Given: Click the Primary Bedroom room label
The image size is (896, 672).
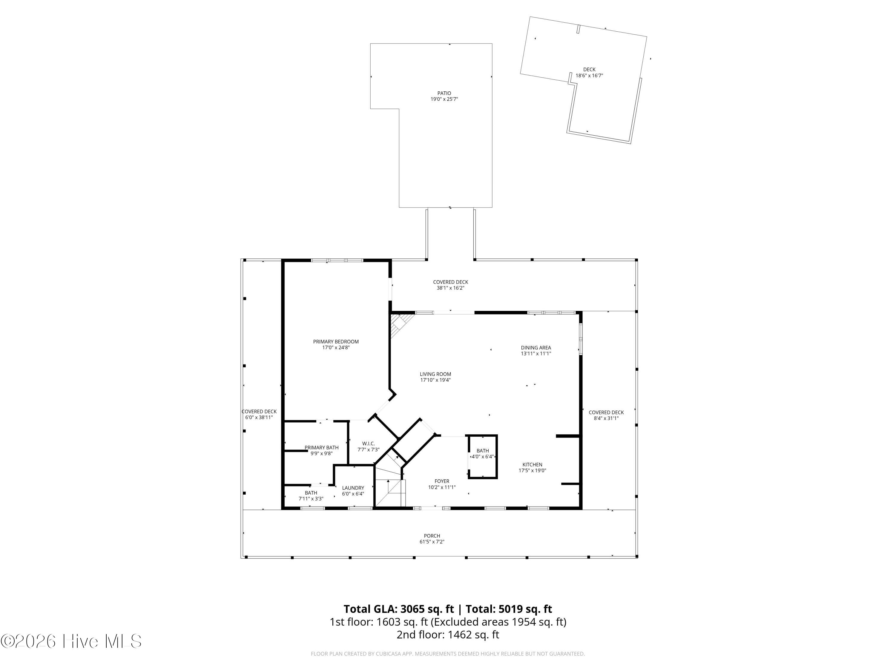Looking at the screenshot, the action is coord(336,341).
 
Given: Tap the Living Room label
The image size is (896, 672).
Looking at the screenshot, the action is coord(435,374).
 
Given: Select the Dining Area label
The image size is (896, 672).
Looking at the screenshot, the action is coord(536,348).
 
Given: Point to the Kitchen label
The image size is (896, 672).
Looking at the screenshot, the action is coord(532,465).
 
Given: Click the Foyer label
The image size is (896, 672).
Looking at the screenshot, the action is coord(442,481).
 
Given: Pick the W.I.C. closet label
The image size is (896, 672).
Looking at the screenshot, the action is coord(369,444).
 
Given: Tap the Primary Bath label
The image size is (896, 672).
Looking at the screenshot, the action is coord(322,448).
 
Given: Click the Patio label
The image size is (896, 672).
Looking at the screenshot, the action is coord(444,93).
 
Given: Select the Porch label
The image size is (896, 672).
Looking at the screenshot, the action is coord(432,536).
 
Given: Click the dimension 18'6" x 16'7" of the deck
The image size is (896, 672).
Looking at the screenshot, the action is coord(589,75).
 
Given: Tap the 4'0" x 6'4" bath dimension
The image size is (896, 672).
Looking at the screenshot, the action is coord(482,456).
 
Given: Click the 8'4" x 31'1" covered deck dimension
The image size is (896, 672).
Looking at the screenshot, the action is coord(606,418).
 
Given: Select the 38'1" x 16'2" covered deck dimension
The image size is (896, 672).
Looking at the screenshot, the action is coord(450,288).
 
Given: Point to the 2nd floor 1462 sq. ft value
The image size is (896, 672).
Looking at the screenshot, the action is coord(473,634).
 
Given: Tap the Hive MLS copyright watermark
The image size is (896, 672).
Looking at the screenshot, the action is coord(71,641).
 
